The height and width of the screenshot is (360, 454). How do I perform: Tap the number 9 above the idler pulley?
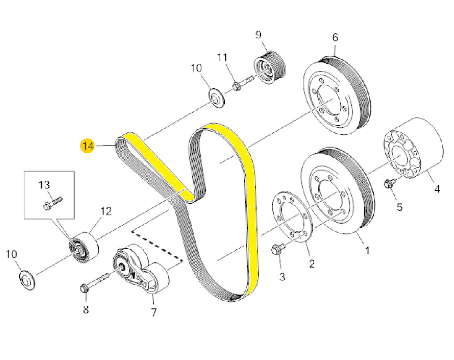258,35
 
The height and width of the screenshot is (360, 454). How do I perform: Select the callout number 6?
335,38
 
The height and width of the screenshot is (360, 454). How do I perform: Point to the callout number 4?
437,189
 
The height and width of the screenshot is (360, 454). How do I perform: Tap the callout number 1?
367,250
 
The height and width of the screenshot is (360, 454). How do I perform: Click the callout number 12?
106,212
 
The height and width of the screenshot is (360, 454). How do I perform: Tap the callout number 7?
154,312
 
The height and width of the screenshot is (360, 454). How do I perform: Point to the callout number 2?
312,263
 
